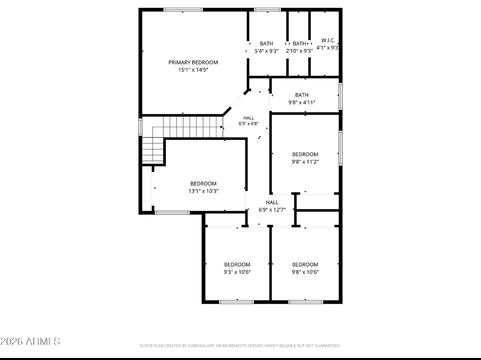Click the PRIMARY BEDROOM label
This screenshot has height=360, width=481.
(x=193, y=62)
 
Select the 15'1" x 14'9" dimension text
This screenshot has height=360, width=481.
(x=193, y=70)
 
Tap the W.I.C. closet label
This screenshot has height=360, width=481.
(x=328, y=40)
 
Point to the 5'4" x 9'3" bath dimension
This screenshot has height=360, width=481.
(x=266, y=51)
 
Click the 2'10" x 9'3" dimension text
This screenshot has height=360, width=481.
(x=299, y=51)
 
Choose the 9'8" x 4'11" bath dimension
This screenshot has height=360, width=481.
(x=301, y=102)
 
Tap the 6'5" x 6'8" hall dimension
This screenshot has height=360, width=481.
(x=248, y=124)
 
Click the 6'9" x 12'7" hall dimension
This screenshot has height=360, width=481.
(x=272, y=210)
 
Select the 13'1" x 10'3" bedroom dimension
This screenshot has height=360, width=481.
(x=204, y=191)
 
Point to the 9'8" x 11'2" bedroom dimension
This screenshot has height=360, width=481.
(x=305, y=162)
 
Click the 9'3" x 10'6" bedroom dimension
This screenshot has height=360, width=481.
(x=237, y=272)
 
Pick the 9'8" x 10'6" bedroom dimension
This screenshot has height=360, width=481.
(x=305, y=272)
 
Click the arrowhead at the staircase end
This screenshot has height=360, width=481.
(x=222, y=127)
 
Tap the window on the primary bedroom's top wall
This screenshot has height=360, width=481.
(x=183, y=10)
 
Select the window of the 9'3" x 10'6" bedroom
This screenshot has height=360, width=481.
(x=237, y=302)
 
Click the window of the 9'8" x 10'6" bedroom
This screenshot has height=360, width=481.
(x=306, y=302)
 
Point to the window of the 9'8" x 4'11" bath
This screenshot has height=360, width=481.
(x=341, y=96)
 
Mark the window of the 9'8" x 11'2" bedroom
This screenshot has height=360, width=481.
(x=341, y=148)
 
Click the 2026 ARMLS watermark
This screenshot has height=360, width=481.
(x=30, y=341)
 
